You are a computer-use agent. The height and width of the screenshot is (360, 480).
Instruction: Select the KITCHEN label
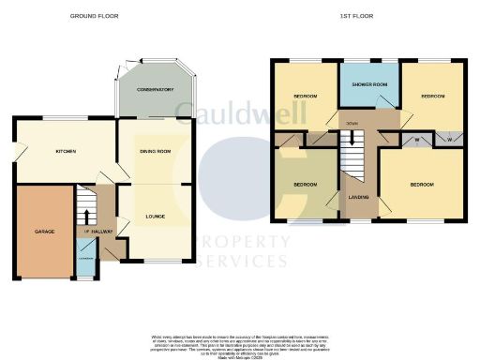click(65, 152)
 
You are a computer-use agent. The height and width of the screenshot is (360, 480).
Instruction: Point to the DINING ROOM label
click(155, 151)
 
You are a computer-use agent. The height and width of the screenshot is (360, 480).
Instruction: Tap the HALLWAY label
click(102, 231)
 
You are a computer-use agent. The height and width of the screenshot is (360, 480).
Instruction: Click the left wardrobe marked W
click(416, 140)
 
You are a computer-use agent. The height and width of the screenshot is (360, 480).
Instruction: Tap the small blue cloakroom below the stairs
click(86, 267)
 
